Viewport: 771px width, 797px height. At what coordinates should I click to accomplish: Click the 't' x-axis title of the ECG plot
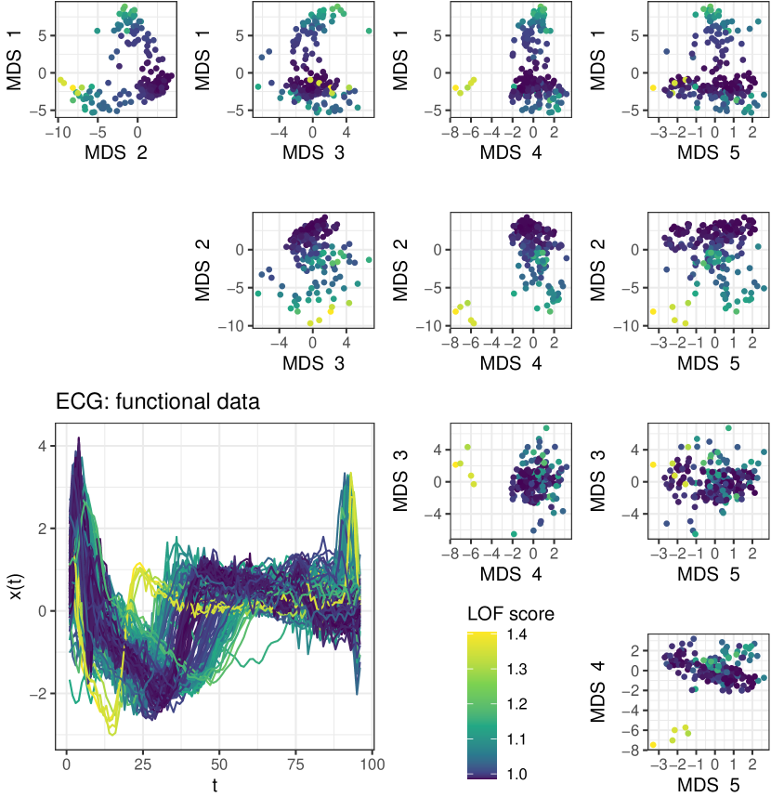[x=214, y=785]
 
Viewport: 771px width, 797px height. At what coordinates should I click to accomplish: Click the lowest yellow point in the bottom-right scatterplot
[x=653, y=745]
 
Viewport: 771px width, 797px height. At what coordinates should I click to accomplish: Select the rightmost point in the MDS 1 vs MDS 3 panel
[x=369, y=31]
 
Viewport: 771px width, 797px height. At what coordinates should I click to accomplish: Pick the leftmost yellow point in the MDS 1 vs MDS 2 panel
[x=59, y=80]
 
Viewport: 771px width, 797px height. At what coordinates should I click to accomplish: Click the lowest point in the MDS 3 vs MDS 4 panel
[x=514, y=534]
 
